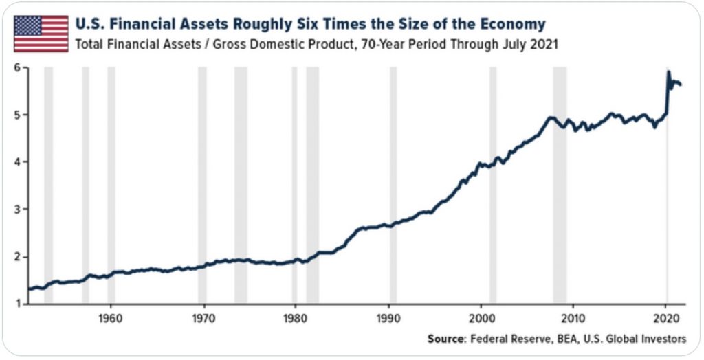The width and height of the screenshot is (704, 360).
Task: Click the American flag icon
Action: [41, 34]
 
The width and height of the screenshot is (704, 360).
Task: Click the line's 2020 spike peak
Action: [668, 72]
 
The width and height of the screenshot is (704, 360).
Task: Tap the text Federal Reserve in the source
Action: [505, 339]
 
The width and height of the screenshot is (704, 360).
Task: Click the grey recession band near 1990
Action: [393, 185]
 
